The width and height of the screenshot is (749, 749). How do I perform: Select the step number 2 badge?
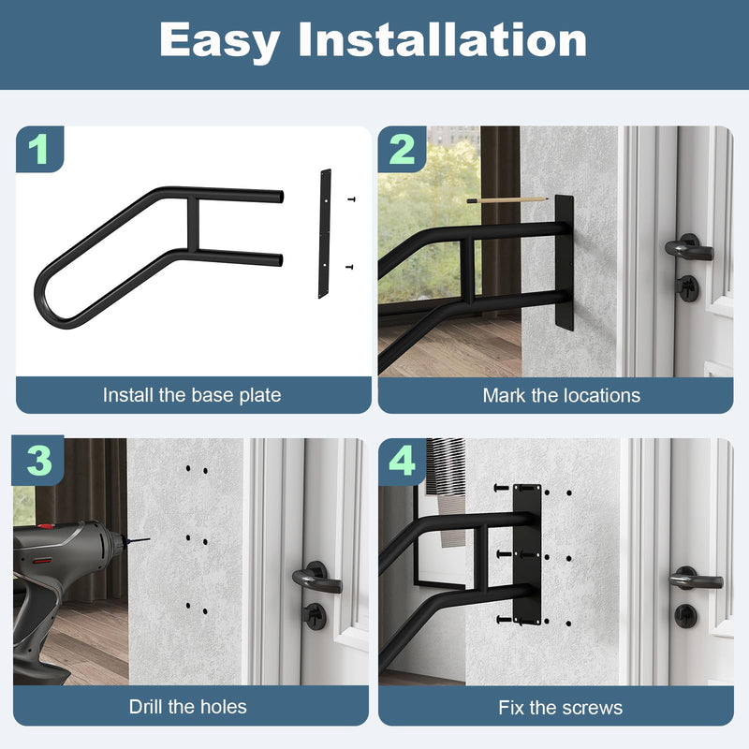402,149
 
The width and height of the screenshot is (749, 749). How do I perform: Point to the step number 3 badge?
38,461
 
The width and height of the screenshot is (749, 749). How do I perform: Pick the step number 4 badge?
402,461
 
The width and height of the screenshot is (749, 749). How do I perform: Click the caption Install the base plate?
192,395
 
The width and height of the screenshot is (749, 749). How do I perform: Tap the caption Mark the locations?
561,395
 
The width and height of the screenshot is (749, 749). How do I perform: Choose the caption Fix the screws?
561,707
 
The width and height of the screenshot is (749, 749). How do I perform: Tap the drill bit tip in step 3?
143,540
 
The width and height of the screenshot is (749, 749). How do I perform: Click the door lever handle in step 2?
688,250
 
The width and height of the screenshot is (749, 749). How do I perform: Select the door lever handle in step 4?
694,580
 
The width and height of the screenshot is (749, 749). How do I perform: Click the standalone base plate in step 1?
325,233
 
